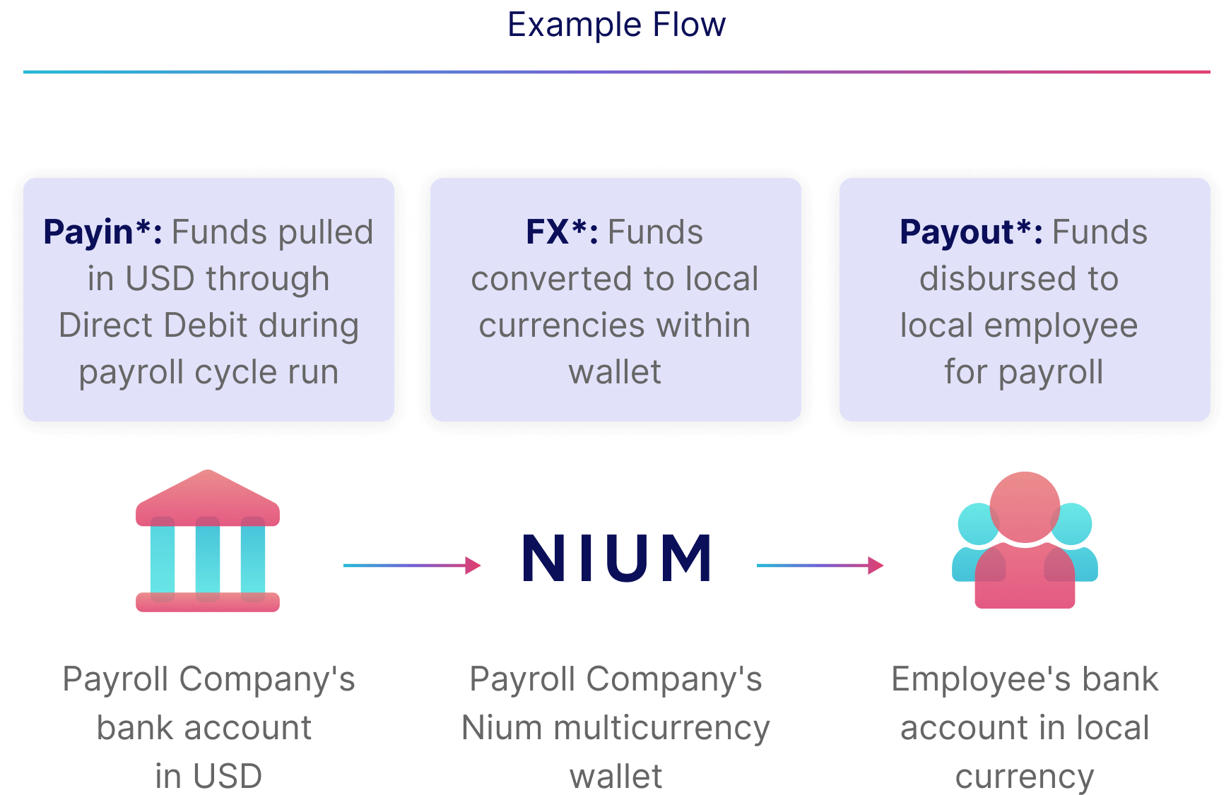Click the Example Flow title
point(616,25)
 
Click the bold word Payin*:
point(103,232)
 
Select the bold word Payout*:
point(971,232)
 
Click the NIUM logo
point(617,558)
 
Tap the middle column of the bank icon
point(208,558)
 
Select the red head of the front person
point(1025,506)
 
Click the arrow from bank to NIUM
point(411,565)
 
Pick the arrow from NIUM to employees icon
point(820,565)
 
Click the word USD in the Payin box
point(160,279)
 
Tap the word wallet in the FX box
point(615,372)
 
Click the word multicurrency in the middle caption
point(662,728)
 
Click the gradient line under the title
point(616,72)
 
